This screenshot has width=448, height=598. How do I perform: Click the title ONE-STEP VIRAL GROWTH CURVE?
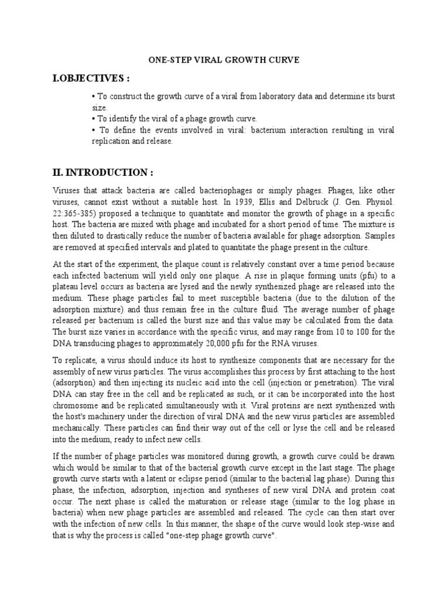223,60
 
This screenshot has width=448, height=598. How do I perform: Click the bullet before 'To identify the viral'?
93,119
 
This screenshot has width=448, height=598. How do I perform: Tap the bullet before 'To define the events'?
93,130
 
